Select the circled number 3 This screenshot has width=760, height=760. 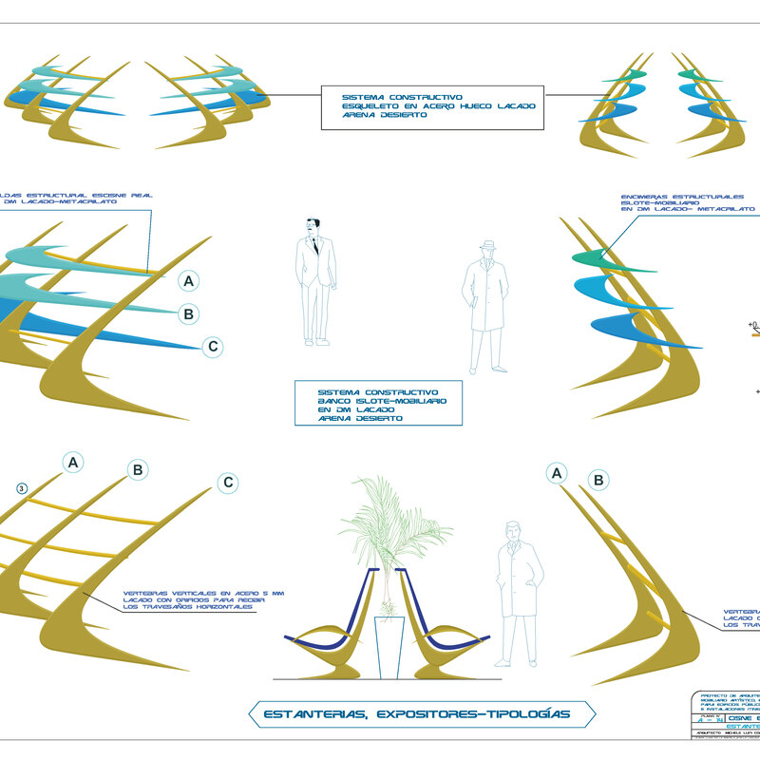[24, 488]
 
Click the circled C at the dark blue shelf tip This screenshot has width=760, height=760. [214, 348]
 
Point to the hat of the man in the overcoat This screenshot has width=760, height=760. [489, 248]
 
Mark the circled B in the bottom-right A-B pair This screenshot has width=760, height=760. [598, 481]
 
